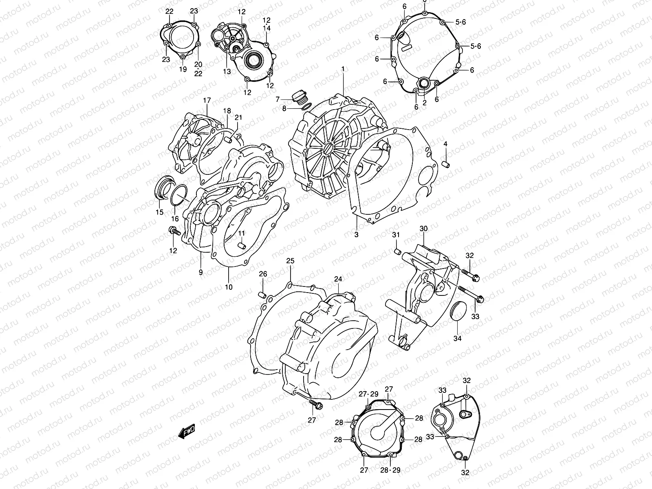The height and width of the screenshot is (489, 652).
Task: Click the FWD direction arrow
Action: click(187, 431)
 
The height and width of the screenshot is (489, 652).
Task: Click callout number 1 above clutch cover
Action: click(343, 69)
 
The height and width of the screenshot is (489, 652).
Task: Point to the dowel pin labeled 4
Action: click(445, 163)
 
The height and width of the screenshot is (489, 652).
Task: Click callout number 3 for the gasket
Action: click(356, 235)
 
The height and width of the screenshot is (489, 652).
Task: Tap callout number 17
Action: click(207, 100)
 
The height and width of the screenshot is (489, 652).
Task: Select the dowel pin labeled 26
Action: click(263, 294)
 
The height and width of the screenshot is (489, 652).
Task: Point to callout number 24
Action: click(338, 279)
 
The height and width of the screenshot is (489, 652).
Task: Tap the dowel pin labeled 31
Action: click(395, 250)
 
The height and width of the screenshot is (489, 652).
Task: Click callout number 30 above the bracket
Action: click(423, 229)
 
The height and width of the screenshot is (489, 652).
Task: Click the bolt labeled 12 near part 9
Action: click(174, 231)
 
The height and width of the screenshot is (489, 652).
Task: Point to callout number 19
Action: click(183, 69)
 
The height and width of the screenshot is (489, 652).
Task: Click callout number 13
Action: click(227, 71)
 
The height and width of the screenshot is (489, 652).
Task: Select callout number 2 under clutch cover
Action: click(424, 103)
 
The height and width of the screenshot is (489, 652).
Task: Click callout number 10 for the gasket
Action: click(229, 287)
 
